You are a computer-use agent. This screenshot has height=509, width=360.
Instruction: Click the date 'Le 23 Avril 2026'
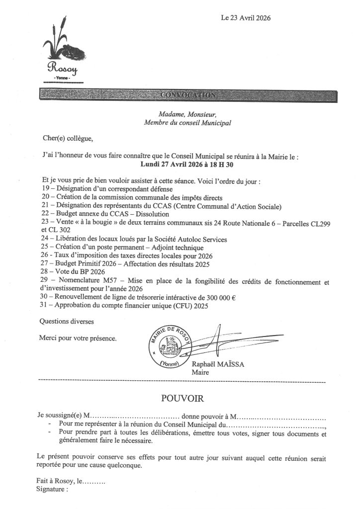click(246, 18)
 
